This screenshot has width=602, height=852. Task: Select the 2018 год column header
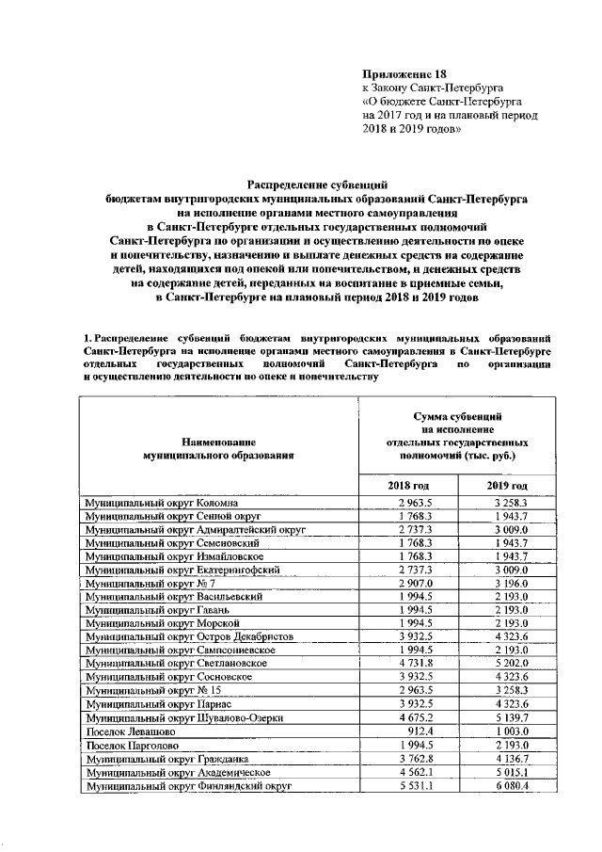411,485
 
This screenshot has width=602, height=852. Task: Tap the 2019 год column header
507,485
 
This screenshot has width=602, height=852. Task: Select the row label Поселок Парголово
128,745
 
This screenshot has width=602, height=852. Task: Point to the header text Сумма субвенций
457,415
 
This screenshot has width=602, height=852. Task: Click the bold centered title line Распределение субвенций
316,186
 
